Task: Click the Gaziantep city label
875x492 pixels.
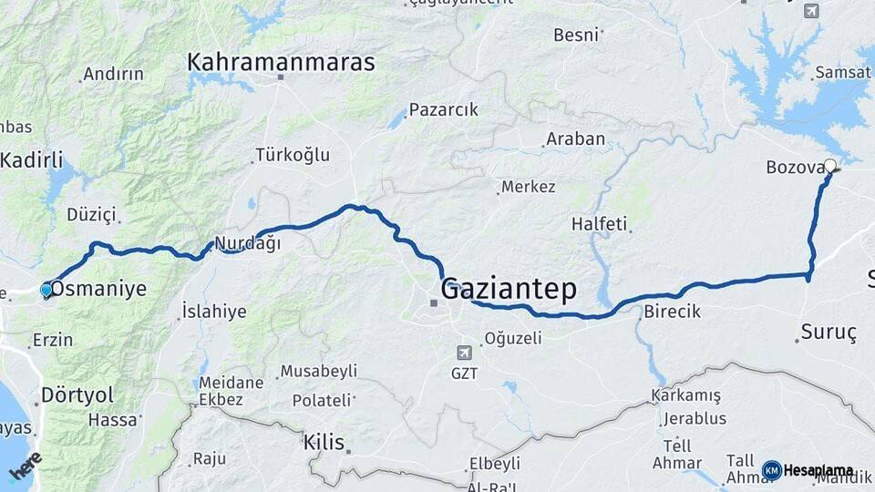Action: pyautogui.click(x=509, y=291)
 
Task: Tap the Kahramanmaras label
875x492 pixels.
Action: pyautogui.click(x=281, y=62)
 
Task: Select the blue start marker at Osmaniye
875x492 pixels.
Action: pyautogui.click(x=46, y=291)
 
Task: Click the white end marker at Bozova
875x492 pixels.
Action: pyautogui.click(x=830, y=166)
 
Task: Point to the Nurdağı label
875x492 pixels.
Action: pyautogui.click(x=247, y=243)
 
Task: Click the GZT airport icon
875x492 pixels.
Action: pyautogui.click(x=465, y=353)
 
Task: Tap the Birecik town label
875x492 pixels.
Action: pyautogui.click(x=672, y=312)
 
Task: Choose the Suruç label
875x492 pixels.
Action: pyautogui.click(x=829, y=333)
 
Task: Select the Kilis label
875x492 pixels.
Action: pyautogui.click(x=324, y=444)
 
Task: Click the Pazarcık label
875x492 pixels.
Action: pyautogui.click(x=443, y=109)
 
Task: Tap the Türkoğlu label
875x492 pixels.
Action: pyautogui.click(x=293, y=155)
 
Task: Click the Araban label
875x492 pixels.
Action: pyautogui.click(x=574, y=139)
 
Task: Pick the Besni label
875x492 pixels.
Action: pyautogui.click(x=576, y=36)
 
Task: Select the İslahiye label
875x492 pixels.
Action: pyautogui.click(x=214, y=312)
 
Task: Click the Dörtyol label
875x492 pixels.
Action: pyautogui.click(x=77, y=395)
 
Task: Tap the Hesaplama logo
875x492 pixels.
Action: pyautogui.click(x=808, y=471)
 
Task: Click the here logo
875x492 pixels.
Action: pyautogui.click(x=24, y=466)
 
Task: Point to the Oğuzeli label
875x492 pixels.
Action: pyautogui.click(x=512, y=338)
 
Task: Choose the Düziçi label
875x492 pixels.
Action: pyautogui.click(x=91, y=215)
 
